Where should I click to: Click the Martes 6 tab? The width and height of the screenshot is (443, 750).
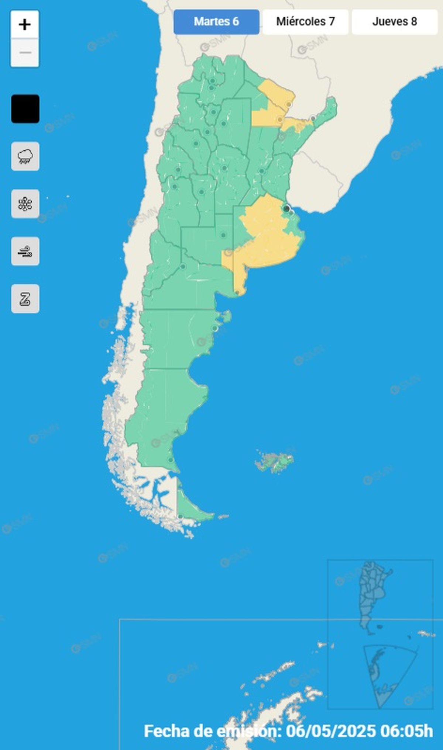coord(216,22)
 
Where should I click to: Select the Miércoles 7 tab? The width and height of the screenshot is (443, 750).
coord(305,22)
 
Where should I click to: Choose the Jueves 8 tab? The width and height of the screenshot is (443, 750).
coord(394,22)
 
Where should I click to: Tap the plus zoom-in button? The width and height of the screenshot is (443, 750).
coord(25,25)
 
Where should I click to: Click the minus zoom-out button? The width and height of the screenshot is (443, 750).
coord(25,53)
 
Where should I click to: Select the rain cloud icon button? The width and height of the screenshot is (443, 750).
coord(25,156)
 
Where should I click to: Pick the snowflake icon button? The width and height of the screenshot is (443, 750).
coord(25,204)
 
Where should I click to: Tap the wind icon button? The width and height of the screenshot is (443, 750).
coord(25,251)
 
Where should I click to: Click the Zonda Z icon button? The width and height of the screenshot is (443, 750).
coord(25,299)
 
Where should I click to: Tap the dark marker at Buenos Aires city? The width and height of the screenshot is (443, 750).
coord(286,209)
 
